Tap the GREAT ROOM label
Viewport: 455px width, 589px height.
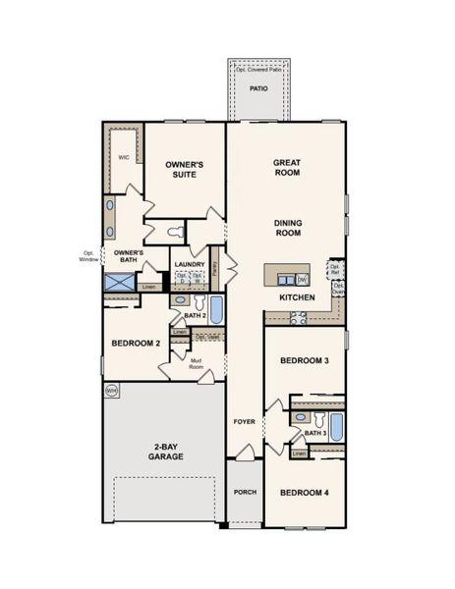(x=287, y=167)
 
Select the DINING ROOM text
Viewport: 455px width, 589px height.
(x=288, y=228)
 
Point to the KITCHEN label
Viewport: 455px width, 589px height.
(x=297, y=296)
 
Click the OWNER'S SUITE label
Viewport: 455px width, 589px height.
(x=183, y=169)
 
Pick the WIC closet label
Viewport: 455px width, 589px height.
(x=124, y=157)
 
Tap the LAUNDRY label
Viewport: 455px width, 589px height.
(x=189, y=264)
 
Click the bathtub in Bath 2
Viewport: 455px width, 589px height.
(x=217, y=310)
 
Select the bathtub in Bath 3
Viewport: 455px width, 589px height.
(x=336, y=427)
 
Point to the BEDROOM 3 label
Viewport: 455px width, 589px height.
(x=304, y=361)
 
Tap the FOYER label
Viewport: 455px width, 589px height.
(x=244, y=422)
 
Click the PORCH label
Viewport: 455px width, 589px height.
(x=244, y=492)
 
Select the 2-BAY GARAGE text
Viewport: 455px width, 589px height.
(x=165, y=452)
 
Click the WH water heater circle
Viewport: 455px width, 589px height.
(x=111, y=391)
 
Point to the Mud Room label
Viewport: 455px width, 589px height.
(x=196, y=362)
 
